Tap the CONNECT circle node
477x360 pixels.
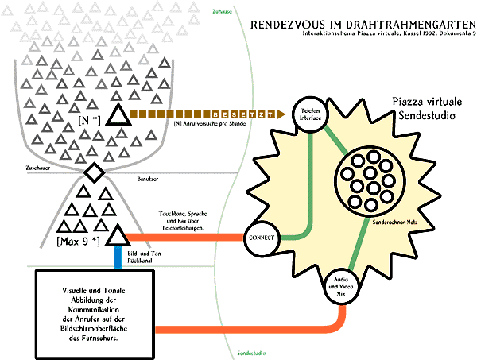pos(262,237)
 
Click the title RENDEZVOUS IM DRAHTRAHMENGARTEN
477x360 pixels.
pos(363,24)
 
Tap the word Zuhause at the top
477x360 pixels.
pos(223,11)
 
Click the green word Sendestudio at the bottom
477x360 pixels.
pos(252,353)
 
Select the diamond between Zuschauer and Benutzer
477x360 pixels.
pos(94,170)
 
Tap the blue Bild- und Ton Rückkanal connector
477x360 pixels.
pos(118,259)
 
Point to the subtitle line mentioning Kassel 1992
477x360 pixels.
pos(389,37)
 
